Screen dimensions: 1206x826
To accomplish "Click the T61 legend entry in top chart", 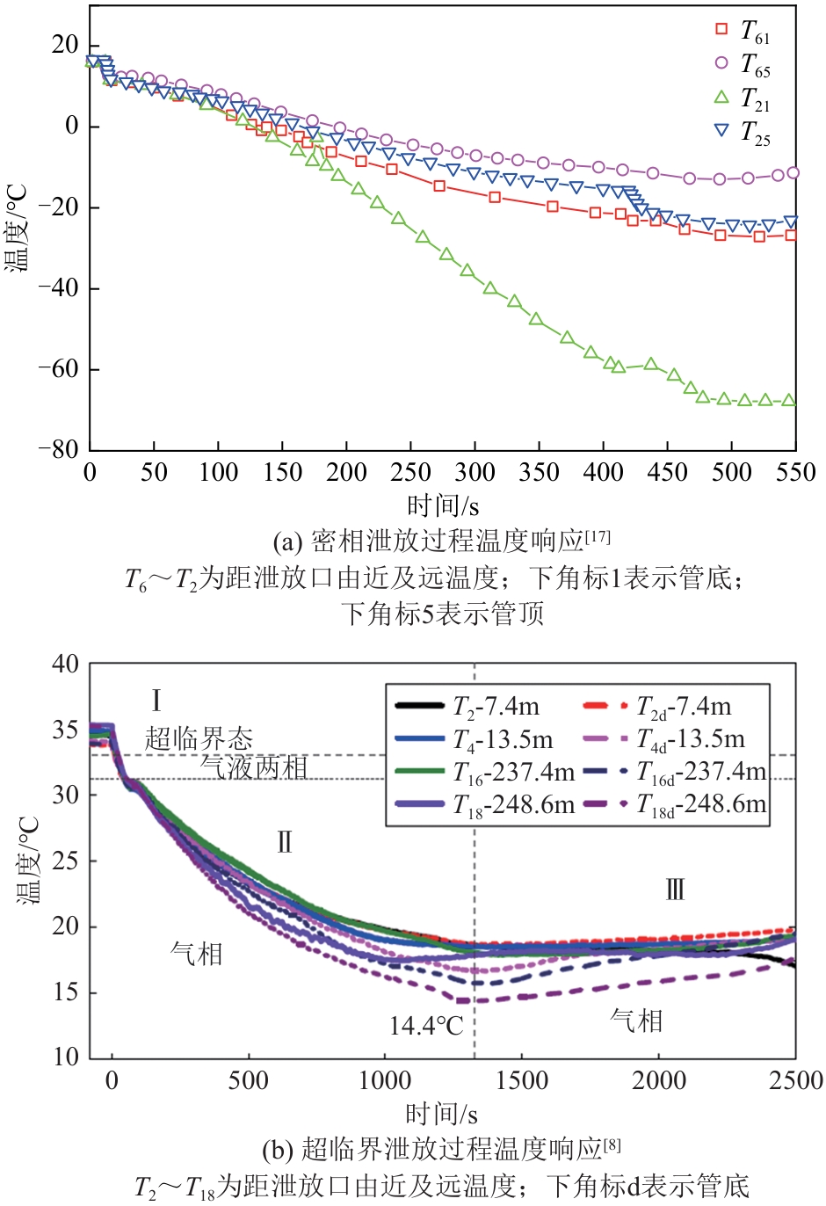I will [743, 32].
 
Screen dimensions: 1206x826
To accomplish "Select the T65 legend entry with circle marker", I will [743, 65].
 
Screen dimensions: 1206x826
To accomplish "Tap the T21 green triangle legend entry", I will [743, 98].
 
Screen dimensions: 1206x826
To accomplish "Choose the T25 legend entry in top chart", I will [743, 132].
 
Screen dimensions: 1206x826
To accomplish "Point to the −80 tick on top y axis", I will [57, 449].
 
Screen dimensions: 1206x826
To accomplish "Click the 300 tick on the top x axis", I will [475, 473].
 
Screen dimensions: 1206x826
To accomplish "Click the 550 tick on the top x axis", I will [796, 473].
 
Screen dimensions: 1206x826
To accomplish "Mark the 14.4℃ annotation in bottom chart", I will [426, 1026].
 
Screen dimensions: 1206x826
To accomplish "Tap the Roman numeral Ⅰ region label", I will [156, 701].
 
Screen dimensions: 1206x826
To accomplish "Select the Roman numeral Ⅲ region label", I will [675, 890].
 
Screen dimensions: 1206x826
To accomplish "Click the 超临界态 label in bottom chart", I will [199, 738].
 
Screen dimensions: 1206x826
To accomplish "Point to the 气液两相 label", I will [254, 767].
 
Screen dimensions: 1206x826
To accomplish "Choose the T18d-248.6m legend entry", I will [677, 804].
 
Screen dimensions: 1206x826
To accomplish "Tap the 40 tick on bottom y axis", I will [65, 665].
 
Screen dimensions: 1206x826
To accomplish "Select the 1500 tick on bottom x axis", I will [522, 1080].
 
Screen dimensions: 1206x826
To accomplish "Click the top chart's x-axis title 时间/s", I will [443, 506].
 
